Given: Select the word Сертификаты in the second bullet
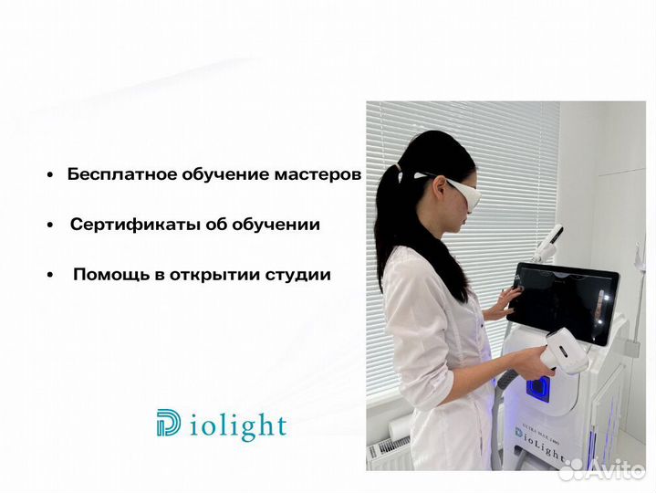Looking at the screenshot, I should pos(126,225).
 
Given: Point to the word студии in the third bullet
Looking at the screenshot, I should pos(298,274).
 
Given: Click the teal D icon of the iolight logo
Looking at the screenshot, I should pos(169,424).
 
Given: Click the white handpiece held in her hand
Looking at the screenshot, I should pos(566,351).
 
